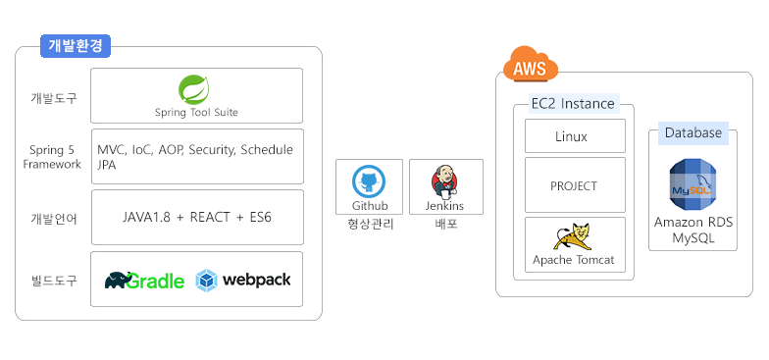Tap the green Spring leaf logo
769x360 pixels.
[195, 89]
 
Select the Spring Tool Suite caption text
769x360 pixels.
[196, 112]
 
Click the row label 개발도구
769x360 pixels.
[53, 98]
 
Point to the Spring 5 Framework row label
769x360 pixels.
[53, 157]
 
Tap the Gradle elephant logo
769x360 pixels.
[125, 281]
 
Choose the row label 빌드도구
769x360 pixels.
[53, 282]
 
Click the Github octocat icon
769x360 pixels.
[369, 181]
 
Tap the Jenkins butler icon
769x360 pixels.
[444, 181]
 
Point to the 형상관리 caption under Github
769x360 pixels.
[369, 225]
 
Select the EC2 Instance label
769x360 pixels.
[573, 104]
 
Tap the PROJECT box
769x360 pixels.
[574, 185]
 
